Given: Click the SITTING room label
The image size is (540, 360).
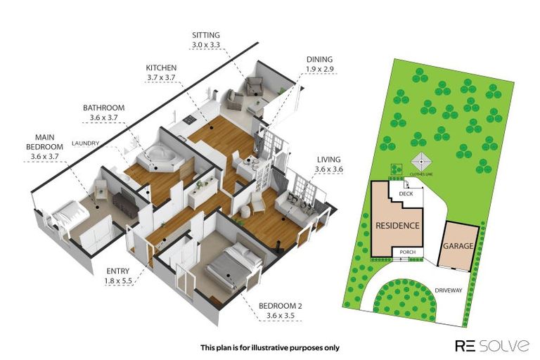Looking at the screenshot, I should click(x=205, y=34).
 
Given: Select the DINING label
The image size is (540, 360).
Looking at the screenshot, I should click(x=319, y=60).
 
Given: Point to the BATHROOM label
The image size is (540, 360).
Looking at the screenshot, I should click(x=103, y=108).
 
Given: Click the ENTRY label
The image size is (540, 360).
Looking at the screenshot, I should click(x=117, y=271).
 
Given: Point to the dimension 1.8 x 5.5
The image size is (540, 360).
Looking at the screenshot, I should click(x=117, y=281).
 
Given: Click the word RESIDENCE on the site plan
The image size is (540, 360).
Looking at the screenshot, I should click(x=397, y=226).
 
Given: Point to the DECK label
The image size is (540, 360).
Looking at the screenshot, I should click(x=406, y=193).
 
